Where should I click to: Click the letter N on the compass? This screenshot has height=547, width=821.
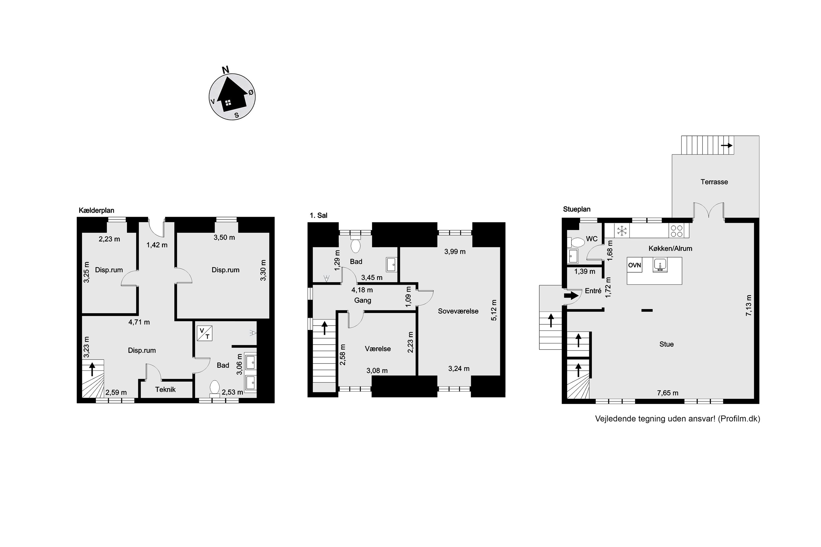tap(226, 69)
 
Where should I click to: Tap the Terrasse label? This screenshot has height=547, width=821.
tap(714, 182)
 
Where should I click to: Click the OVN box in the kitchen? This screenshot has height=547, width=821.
tap(635, 265)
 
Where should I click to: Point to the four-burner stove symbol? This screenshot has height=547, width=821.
tap(677, 231)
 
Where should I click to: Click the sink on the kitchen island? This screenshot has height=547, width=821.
tap(660, 265)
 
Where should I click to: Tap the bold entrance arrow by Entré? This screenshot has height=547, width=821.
tap(571, 295)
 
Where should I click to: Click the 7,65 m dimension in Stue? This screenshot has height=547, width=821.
tap(668, 393)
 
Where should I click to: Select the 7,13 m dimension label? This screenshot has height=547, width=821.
tap(749, 305)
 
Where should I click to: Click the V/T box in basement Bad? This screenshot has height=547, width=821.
tap(204, 333)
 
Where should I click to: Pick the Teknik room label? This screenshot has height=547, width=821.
tap(166, 389)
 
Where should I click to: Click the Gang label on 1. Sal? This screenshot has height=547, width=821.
tap(363, 300)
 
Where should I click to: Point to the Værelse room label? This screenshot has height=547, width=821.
tap(378, 348)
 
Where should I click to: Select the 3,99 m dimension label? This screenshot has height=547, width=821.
tap(455, 252)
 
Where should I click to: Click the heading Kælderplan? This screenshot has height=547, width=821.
tap(96, 210)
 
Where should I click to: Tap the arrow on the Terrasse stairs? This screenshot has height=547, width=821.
tap(727, 145)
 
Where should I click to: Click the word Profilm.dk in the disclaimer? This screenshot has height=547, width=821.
tap(740, 419)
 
